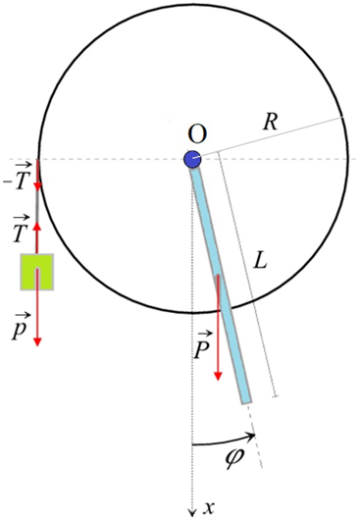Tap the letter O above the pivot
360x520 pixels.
196,134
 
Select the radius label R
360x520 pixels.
271,123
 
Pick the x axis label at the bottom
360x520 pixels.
208,507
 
